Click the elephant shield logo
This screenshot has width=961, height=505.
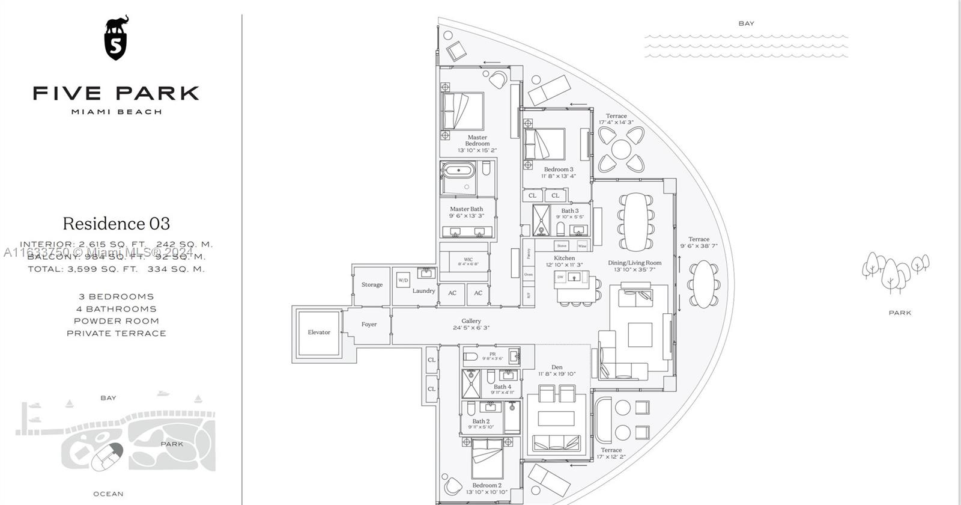coord(117,40)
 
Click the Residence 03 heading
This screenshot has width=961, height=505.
coord(117,224)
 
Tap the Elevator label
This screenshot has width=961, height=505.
coord(319,332)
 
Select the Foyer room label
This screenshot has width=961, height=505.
coord(369,325)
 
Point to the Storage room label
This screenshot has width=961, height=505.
coord(372,285)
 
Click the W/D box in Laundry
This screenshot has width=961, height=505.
coord(403,280)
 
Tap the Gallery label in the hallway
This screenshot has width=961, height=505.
coord(471,321)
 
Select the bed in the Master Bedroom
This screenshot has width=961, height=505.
coord(462,111)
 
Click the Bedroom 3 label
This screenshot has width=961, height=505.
coord(559,170)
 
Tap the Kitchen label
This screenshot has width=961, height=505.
coord(565,258)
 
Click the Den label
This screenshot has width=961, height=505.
coord(557,367)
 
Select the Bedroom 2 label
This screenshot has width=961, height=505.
coord(487,485)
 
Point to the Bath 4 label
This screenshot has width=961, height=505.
coord(503,387)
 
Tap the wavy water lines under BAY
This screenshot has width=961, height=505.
coord(746,46)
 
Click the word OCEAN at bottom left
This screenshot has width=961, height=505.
coord(109,494)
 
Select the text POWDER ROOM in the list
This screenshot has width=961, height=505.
coord(117,321)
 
